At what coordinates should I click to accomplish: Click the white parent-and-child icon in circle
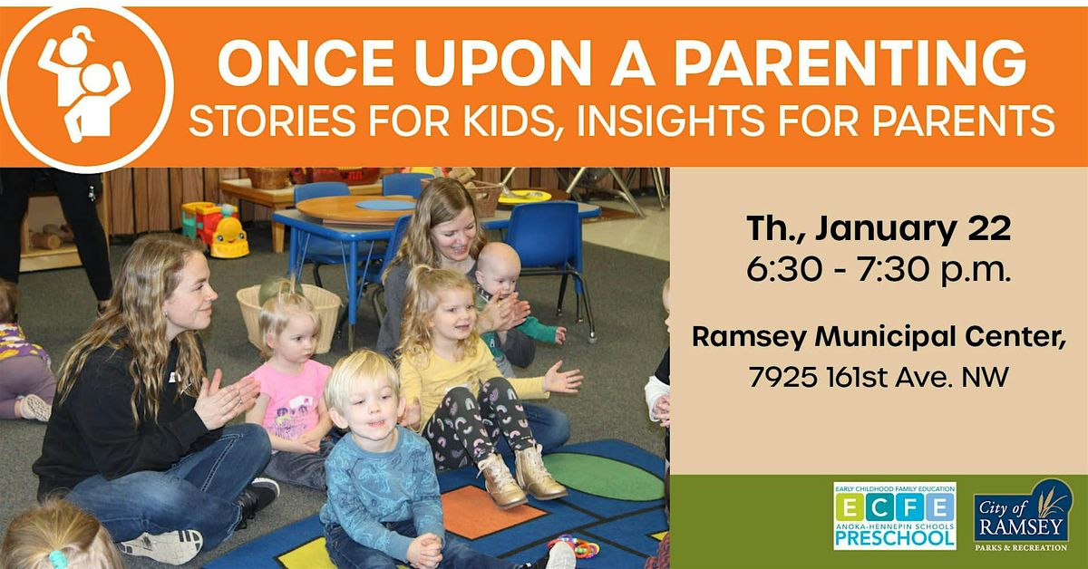[84, 84]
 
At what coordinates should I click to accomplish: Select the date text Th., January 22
[878, 231]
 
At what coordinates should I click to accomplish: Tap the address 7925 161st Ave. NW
[878, 378]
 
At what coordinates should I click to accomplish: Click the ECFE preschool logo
[894, 516]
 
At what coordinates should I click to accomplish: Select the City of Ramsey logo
[1023, 516]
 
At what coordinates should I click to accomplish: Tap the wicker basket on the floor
[288, 315]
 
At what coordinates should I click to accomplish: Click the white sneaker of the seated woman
[163, 545]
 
